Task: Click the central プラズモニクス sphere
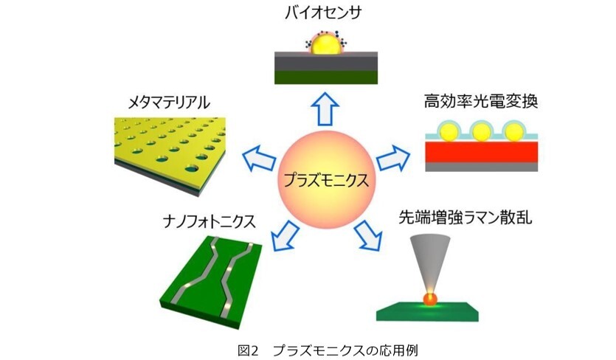tap(327, 179)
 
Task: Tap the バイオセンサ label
tap(323, 13)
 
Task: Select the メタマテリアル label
tap(169, 103)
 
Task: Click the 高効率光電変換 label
tap(481, 102)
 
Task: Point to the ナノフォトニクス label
tap(210, 222)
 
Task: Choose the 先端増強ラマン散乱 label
tap(466, 217)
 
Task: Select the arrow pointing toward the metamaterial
tap(259, 158)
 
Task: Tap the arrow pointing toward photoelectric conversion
tap(393, 158)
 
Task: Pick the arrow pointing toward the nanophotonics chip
tap(285, 236)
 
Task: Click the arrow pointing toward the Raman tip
tap(368, 236)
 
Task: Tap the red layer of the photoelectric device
tap(482, 152)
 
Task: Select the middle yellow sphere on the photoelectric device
tap(481, 133)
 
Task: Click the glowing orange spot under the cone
tap(430, 300)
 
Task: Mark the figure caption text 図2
tap(249, 350)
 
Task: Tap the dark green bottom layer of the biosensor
tap(326, 77)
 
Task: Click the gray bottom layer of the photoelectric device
tap(482, 167)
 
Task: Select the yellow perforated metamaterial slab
tap(170, 154)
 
